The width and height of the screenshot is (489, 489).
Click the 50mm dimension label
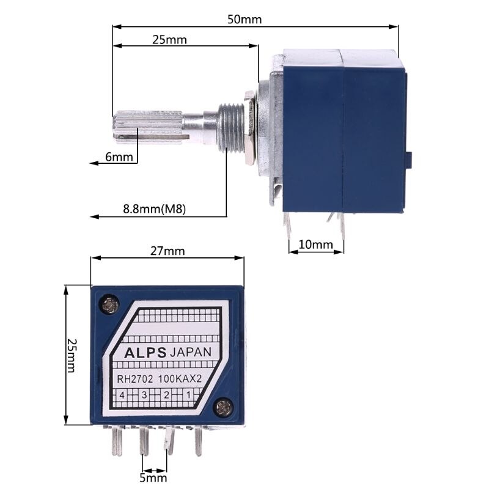[x=244, y=19]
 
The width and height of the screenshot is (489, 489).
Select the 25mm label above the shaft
[x=169, y=40]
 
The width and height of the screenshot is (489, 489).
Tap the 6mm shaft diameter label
[x=119, y=157]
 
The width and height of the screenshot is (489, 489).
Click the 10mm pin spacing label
[x=315, y=245]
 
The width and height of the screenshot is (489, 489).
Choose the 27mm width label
[x=167, y=251]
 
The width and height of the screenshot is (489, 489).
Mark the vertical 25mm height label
[x=72, y=355]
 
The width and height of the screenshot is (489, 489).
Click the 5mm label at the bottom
[x=153, y=477]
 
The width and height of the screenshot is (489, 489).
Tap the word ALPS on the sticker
[x=145, y=353]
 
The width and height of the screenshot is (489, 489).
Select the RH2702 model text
[x=136, y=379]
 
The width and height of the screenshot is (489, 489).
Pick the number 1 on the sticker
[x=188, y=395]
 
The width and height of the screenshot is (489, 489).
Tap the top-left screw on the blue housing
[x=111, y=303]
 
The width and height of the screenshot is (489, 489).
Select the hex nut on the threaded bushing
[x=249, y=127]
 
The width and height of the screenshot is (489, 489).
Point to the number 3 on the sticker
[x=145, y=395]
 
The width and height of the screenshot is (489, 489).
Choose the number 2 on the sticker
[x=166, y=395]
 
